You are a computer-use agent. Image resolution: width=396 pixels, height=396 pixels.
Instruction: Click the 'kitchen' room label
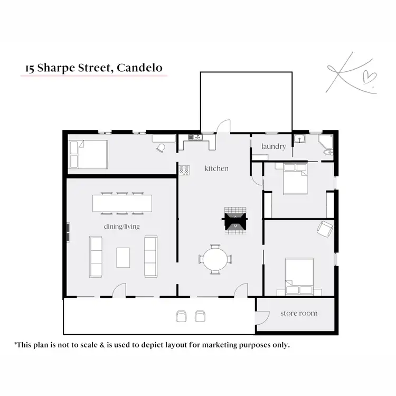216,168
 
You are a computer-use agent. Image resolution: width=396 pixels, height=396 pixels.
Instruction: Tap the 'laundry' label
274,146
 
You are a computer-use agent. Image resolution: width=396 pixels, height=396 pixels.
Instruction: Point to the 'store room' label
299,313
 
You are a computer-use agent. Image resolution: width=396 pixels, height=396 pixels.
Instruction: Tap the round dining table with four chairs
215,259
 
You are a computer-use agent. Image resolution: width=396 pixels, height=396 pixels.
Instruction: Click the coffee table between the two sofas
123,257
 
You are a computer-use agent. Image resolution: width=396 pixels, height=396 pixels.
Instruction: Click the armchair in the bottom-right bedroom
325,229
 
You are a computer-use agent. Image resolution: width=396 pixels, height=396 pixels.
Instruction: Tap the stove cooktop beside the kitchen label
185,169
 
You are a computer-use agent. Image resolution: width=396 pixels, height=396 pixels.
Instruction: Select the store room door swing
260,317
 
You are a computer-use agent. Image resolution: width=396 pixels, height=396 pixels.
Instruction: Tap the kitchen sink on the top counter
194,138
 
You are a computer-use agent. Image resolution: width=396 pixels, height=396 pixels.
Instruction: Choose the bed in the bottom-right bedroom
299,276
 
